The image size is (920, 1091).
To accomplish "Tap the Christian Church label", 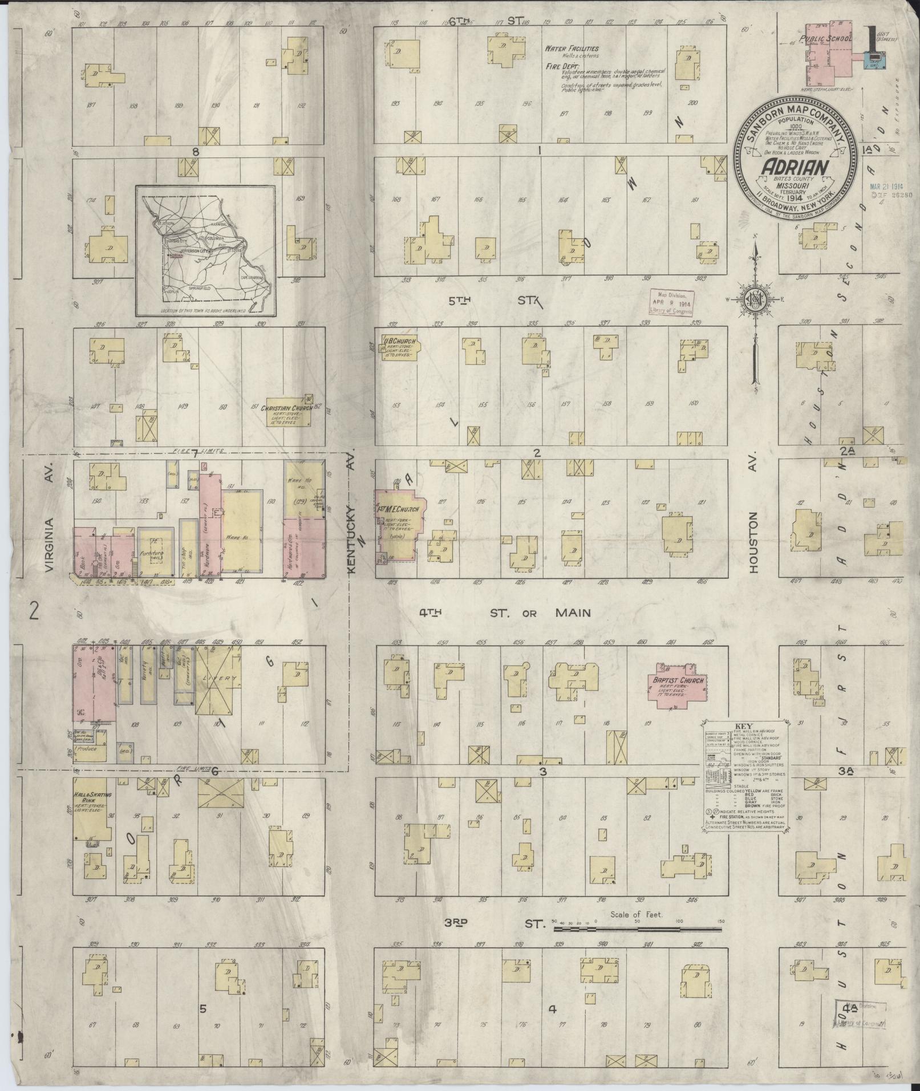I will (286, 408).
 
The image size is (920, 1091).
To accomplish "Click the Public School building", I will (826, 58).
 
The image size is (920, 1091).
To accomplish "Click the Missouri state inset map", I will (205, 251).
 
